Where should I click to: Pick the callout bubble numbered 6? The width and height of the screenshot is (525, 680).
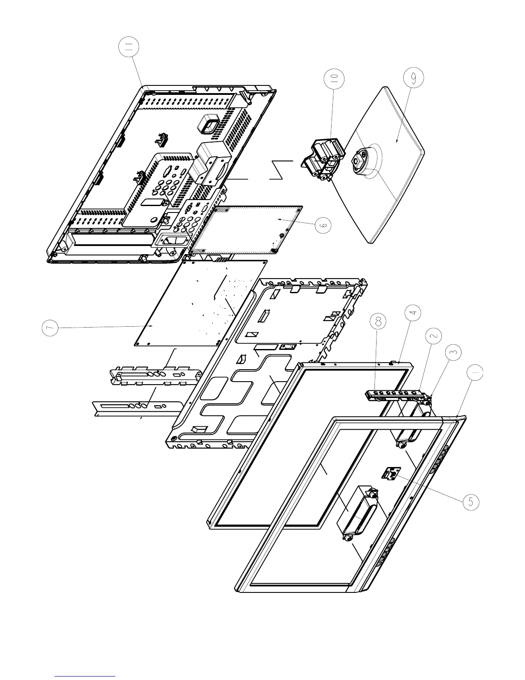(324, 224)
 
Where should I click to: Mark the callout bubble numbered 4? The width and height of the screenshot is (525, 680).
(412, 314)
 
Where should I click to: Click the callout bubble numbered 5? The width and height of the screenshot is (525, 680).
(471, 502)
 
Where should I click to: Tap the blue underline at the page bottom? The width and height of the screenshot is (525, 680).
(85, 676)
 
